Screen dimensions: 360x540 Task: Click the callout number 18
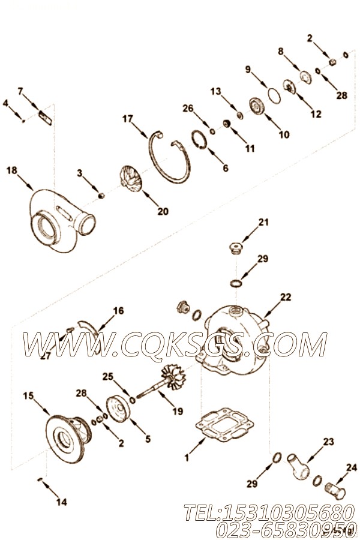(11, 170)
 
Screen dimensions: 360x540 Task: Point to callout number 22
(286, 297)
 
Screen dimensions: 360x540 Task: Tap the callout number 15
(29, 396)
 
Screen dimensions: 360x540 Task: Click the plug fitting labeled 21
(236, 248)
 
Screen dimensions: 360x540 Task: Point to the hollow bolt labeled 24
(335, 492)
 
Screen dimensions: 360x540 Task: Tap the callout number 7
(20, 91)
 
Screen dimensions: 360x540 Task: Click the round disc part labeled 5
(118, 409)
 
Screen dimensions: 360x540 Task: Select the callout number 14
(62, 502)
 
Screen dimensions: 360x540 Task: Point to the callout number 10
(284, 134)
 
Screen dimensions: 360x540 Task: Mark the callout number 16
(118, 311)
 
